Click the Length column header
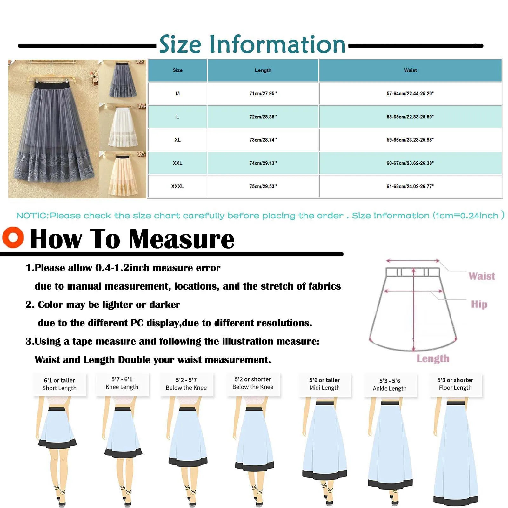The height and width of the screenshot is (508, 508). tap(263, 70)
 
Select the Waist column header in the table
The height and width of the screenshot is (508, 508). tap(410, 70)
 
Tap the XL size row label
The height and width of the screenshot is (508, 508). tap(177, 140)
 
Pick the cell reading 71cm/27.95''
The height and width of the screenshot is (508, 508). tap(263, 94)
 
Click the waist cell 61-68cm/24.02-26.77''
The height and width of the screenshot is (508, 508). tap(410, 186)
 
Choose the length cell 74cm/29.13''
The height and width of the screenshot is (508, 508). tap(263, 163)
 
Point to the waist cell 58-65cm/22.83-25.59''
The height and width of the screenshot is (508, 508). tap(410, 117)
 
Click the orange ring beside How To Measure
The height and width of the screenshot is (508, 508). tap(13, 237)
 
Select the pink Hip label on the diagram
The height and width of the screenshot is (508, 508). tap(479, 304)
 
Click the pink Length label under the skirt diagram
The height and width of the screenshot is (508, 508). tap(433, 358)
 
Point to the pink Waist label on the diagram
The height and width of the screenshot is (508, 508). tap(482, 276)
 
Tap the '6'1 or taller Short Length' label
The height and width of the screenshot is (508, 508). tap(59, 384)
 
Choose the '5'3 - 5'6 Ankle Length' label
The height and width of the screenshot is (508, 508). tap(390, 384)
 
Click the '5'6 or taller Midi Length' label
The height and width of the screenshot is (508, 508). tap(324, 384)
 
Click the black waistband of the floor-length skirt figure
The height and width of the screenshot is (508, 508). tap(455, 403)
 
